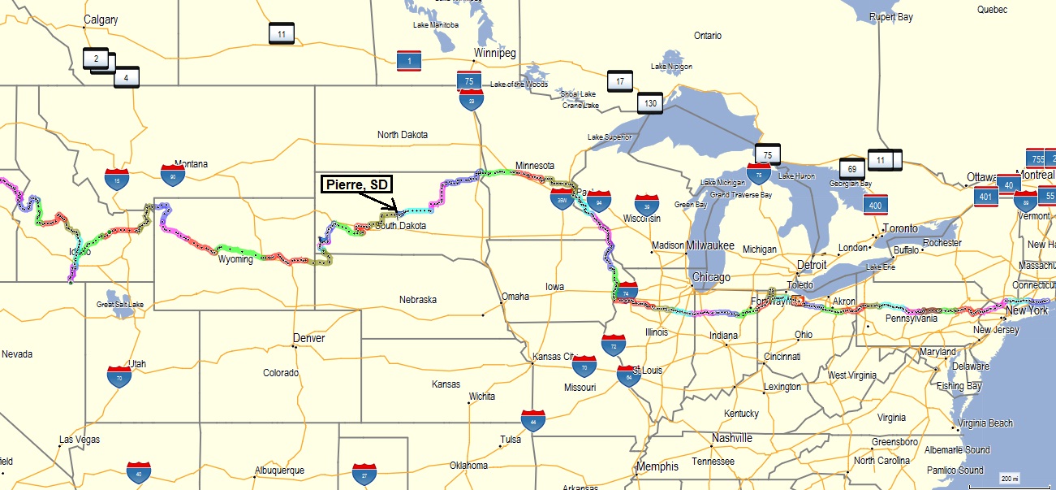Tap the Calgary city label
101,20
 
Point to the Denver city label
308,338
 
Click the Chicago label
711,277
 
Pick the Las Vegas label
79,440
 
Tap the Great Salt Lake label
120,305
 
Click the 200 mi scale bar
1009,478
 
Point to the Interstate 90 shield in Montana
172,175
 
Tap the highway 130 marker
649,103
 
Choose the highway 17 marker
619,81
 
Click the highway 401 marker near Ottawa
986,196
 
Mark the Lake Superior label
610,137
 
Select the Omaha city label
515,296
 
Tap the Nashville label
732,438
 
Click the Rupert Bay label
891,16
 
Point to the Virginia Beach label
985,423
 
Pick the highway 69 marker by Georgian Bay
851,169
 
